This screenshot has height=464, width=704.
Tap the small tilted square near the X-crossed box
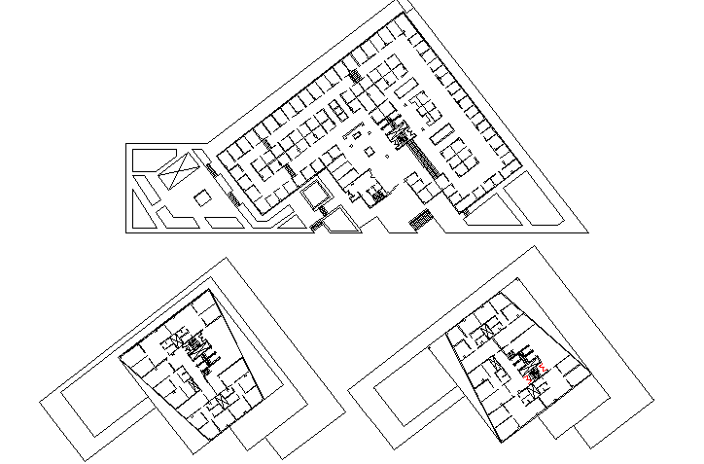(x=202, y=198)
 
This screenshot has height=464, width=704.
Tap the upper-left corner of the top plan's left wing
(x=126, y=145)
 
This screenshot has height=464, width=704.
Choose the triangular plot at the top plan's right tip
(x=539, y=206)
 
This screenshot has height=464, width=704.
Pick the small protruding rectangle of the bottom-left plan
(x=287, y=442)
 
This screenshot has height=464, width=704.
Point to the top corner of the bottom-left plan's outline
(x=227, y=259)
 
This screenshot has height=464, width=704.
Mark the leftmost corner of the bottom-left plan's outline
(x=41, y=400)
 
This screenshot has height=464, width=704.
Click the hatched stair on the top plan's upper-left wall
(x=357, y=75)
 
